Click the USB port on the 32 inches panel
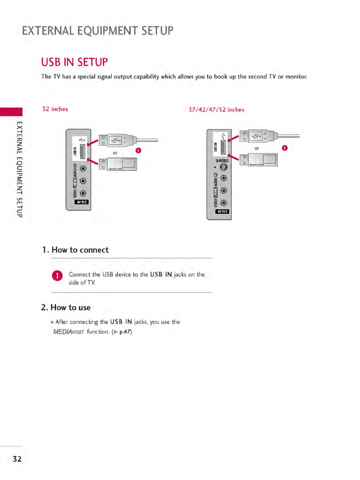coord(82,151)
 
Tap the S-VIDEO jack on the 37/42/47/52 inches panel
coord(224,167)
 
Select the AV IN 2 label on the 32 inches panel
coord(82,202)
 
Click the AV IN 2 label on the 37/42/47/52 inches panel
coord(222,212)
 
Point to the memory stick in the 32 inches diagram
coord(118,164)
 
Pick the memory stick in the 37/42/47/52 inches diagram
coord(259,159)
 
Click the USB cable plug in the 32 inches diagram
coord(118,140)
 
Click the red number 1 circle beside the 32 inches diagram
coord(138,150)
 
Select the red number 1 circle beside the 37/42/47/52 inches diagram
coord(285,148)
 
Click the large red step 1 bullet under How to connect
coord(57,276)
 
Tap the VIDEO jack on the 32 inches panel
coord(83,193)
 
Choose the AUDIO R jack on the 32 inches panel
coord(83,168)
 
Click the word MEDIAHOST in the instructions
coord(68,332)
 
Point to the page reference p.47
coord(125,332)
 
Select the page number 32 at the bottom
coord(17,459)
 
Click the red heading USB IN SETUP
coord(74,62)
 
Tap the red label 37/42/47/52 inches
coord(216,110)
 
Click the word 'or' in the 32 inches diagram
coord(115,153)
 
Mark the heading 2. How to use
coord(66,307)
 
